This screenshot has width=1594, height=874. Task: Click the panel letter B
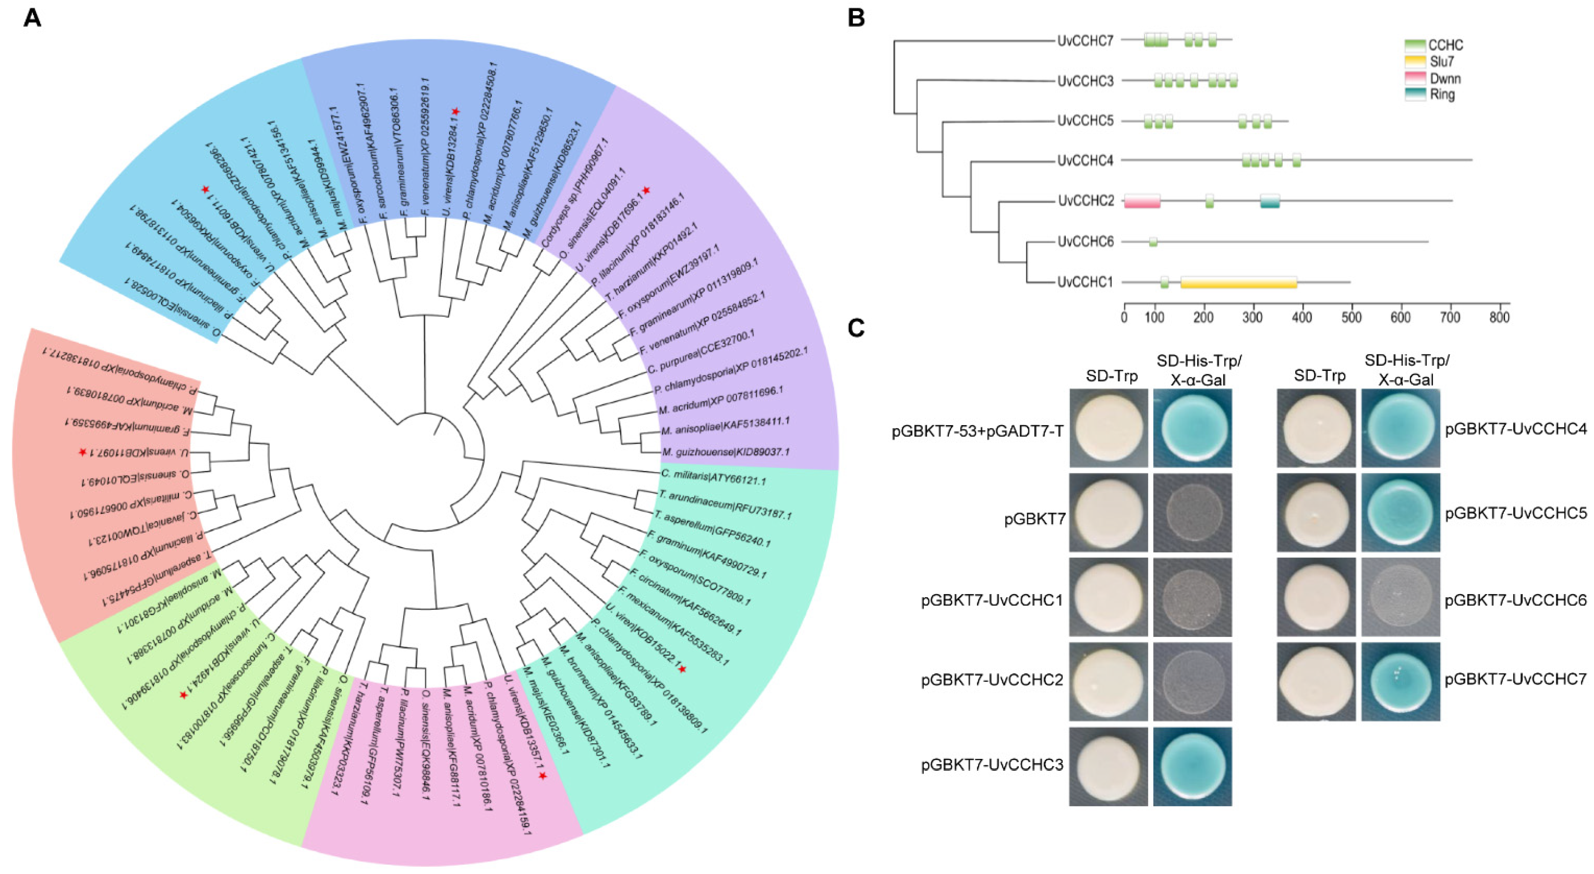[x=856, y=19]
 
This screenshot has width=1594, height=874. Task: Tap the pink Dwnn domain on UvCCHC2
[x=1142, y=201]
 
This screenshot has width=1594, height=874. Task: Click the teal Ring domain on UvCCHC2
[x=1270, y=201]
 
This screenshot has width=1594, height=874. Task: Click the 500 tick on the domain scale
[x=1351, y=317]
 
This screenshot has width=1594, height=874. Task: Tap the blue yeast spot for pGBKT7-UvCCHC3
[x=1192, y=766]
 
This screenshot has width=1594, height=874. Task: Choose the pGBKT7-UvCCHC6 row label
[x=1516, y=600]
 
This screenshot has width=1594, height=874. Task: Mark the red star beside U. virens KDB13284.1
[x=456, y=111]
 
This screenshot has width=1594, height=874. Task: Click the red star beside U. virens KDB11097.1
[x=82, y=453]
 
